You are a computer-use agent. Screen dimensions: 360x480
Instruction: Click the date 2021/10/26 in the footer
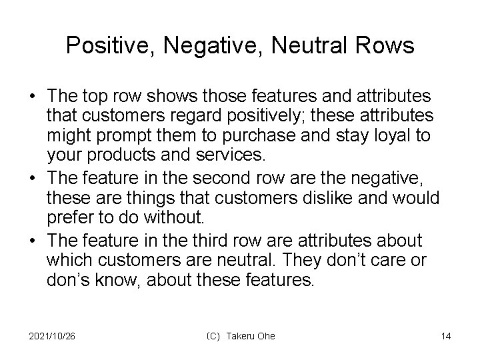53,336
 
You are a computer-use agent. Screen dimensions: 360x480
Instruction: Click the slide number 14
445,336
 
